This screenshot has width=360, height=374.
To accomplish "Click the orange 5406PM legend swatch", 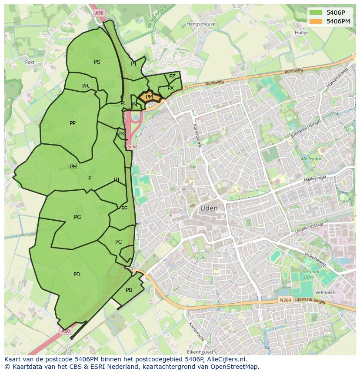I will point(316,21).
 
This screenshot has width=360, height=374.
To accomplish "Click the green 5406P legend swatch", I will point(316,12).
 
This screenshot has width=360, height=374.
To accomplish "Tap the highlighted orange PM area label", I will point(149,97).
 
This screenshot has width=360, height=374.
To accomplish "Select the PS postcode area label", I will point(97,62).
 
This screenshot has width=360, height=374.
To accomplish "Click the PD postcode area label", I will point(77,275).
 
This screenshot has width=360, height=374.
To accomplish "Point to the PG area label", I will point(77,217).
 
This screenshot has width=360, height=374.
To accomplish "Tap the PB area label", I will point(129,290).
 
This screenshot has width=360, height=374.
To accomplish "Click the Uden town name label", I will point(209,209).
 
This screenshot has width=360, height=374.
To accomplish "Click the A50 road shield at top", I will point(99,13).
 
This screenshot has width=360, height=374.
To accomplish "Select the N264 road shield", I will point(285,301).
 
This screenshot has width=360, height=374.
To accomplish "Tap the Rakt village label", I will point(30,62).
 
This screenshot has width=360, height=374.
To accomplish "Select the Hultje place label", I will point(301,33).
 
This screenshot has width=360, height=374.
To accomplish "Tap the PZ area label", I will point(172,76).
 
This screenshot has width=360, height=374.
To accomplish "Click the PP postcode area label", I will point(73,123).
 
